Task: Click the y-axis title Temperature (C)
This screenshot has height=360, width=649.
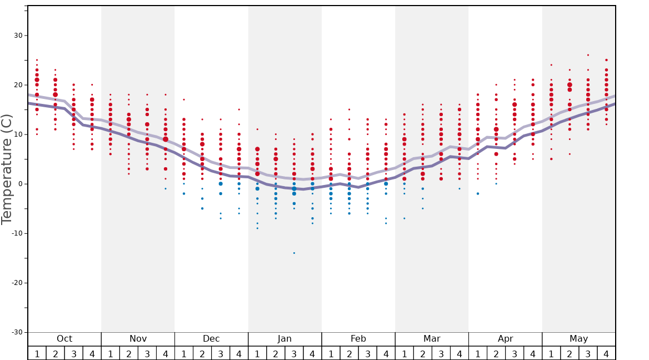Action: click(x=7, y=169)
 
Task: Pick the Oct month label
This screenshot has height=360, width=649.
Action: click(x=64, y=339)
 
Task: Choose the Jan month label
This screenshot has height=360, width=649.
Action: click(x=284, y=339)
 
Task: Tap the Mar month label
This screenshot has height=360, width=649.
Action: click(x=432, y=339)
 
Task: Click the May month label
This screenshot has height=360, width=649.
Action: click(x=578, y=339)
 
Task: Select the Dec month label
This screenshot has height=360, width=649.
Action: click(x=211, y=339)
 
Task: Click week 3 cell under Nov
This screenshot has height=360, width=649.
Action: click(x=147, y=353)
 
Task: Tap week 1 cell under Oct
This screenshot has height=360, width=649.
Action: click(x=37, y=353)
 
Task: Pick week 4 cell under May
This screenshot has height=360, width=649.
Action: click(x=606, y=353)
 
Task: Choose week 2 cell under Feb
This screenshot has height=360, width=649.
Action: click(x=349, y=353)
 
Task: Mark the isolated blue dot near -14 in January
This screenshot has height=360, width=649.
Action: click(x=294, y=253)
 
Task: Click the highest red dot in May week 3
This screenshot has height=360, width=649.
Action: click(x=588, y=55)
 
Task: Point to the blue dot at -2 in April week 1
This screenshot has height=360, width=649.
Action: click(x=477, y=193)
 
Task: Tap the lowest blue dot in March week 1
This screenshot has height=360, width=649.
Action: click(x=404, y=218)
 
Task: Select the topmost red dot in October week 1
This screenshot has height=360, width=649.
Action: click(x=37, y=60)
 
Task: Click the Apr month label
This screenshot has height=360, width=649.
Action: click(x=505, y=339)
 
